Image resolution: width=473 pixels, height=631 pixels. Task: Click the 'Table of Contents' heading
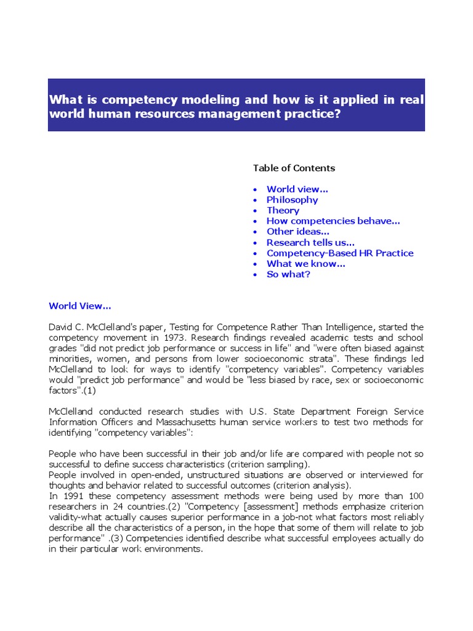pyautogui.click(x=294, y=168)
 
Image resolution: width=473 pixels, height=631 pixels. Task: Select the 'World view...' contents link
pyautogui.click(x=297, y=189)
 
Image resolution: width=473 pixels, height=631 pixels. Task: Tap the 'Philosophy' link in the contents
pyautogui.click(x=292, y=200)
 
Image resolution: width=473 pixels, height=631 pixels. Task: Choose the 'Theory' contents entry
pyautogui.click(x=283, y=210)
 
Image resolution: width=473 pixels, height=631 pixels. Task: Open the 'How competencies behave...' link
pyautogui.click(x=333, y=221)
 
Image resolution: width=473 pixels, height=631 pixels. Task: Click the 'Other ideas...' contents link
pyautogui.click(x=297, y=232)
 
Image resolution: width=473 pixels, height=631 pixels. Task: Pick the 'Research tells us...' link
pyautogui.click(x=310, y=242)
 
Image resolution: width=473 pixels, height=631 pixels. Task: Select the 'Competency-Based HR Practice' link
pyautogui.click(x=339, y=253)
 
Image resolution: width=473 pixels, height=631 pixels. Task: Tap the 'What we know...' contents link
pyautogui.click(x=305, y=264)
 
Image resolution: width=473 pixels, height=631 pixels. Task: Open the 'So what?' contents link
pyautogui.click(x=288, y=274)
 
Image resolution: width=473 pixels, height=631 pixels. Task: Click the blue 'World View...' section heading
pyautogui.click(x=79, y=306)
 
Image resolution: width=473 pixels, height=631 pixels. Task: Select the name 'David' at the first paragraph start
pyautogui.click(x=60, y=327)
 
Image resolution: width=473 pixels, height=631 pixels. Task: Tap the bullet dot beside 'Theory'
pyautogui.click(x=256, y=211)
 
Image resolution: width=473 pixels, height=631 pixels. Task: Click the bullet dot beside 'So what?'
pyautogui.click(x=256, y=275)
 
